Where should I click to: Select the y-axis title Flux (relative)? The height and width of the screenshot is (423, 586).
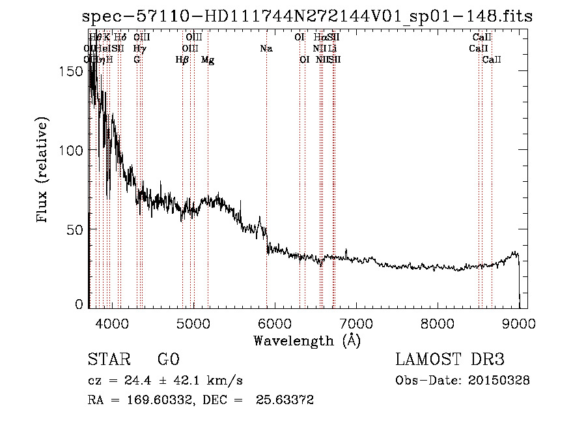44,171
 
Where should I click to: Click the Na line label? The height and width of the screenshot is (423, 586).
266,48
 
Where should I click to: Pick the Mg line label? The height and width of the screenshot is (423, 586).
208,60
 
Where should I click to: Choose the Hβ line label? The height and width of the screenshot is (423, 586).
182,60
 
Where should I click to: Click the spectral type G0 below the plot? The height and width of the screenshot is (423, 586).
168,360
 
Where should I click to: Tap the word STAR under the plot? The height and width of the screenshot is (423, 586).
108,360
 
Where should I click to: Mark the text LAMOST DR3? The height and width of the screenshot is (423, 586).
450,360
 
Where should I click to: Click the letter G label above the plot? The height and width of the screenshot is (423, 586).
137,60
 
